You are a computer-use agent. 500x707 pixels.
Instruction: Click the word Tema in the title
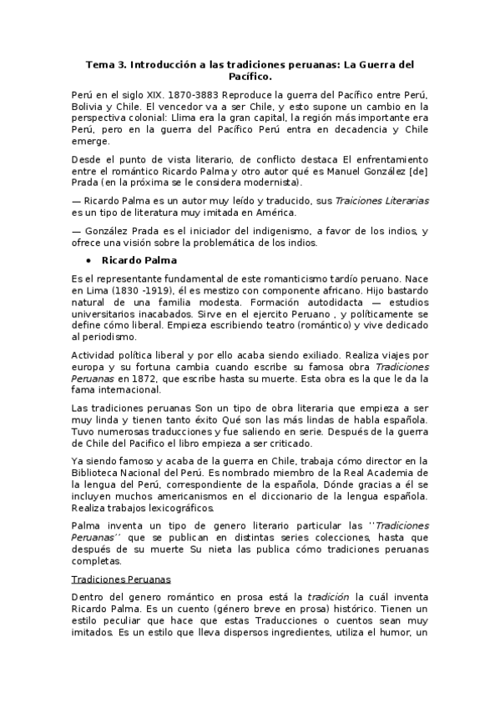tap(101, 63)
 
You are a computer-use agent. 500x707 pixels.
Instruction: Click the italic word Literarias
tap(399, 200)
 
